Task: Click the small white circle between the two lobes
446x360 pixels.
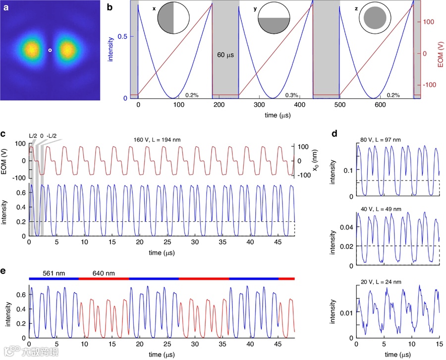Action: coord(50,50)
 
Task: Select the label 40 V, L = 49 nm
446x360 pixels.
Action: coord(382,208)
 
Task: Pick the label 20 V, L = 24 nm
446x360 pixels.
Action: coord(382,280)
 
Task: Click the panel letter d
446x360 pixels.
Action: coord(335,134)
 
